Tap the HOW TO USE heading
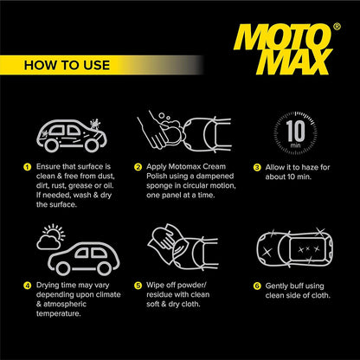(67, 65)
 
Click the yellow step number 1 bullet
(28, 167)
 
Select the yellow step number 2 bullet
(138, 167)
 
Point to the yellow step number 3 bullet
(257, 168)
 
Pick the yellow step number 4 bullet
(28, 286)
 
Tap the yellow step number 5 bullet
(138, 286)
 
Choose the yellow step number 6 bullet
(257, 286)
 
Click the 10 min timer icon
(295, 132)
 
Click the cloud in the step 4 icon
(48, 242)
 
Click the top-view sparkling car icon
(295, 247)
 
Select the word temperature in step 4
(59, 314)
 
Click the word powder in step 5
(190, 286)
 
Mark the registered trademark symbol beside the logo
(337, 27)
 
